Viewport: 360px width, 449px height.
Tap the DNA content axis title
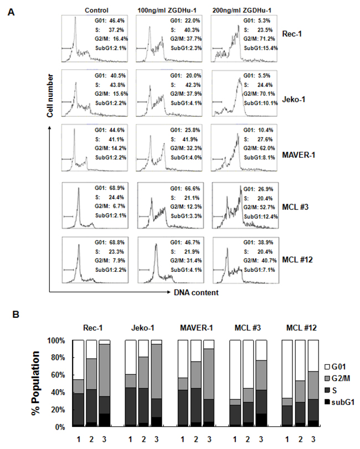(x=184, y=292)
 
